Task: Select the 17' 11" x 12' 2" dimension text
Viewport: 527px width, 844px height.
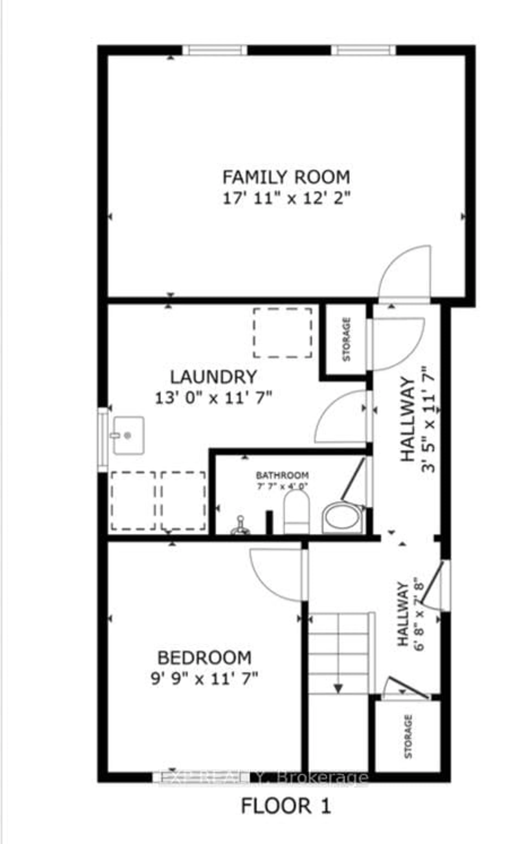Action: click(286, 199)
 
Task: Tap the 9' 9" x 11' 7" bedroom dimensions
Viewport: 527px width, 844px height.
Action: click(204, 679)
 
